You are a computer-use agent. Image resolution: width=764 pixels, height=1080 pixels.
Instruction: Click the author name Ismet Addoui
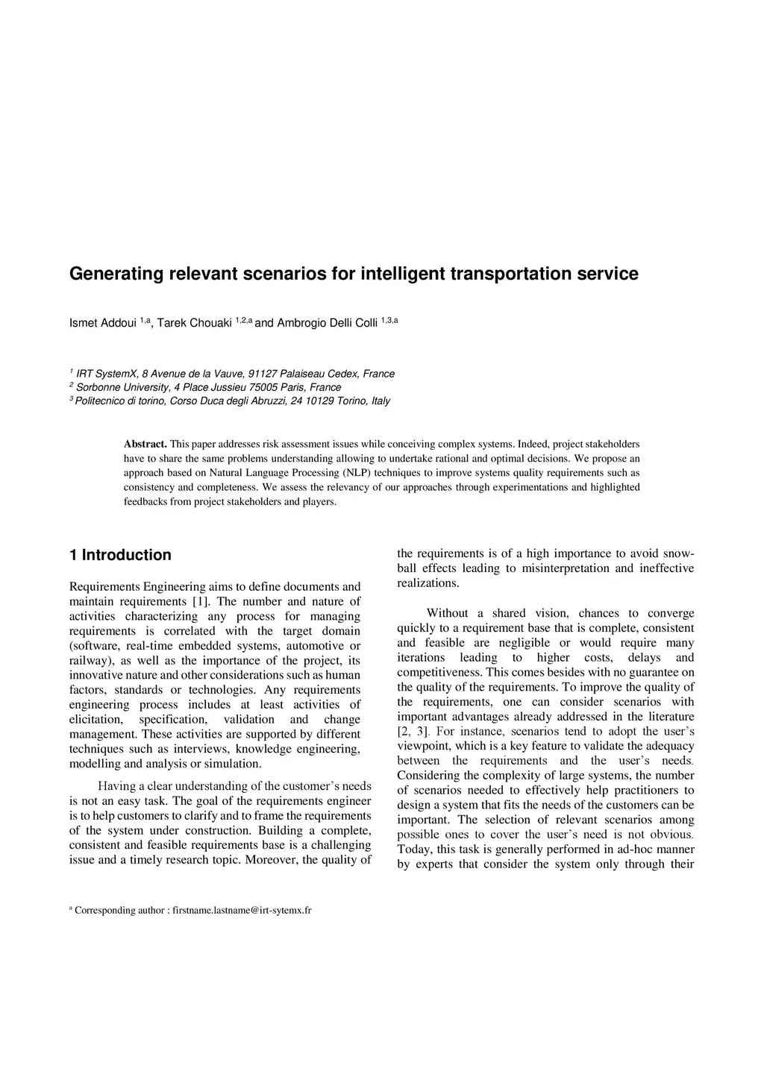click(103, 323)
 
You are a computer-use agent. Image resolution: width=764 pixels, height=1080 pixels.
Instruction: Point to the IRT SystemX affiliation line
click(235, 374)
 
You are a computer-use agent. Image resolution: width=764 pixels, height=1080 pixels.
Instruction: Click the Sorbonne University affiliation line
click(208, 387)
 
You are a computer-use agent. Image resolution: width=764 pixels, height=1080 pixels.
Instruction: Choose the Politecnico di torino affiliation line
click(233, 401)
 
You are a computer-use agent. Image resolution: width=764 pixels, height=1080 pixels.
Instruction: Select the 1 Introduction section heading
click(120, 555)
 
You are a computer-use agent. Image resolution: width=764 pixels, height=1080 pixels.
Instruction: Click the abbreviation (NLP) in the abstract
click(356, 473)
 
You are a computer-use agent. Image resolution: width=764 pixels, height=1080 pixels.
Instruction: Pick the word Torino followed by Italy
click(353, 401)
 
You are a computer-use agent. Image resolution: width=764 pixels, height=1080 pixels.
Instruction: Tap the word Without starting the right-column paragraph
click(447, 613)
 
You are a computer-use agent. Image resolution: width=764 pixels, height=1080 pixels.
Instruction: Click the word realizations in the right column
click(428, 583)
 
